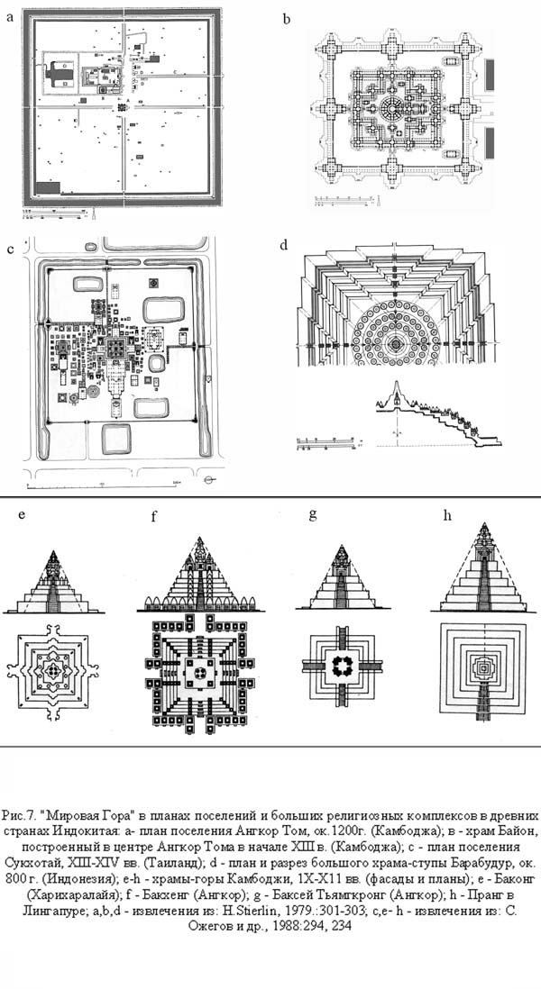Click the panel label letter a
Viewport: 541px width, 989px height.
pyautogui.click(x=11, y=14)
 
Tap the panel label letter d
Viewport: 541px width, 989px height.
pyautogui.click(x=284, y=245)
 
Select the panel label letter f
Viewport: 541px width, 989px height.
pyautogui.click(x=154, y=517)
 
